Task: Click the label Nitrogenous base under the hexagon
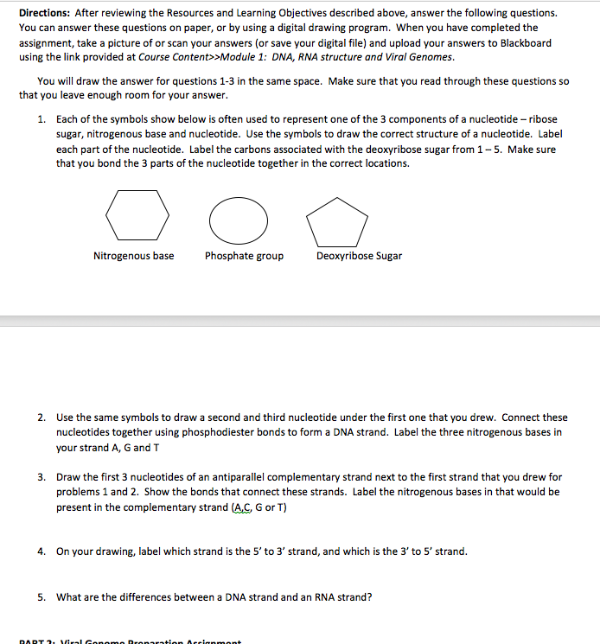pyautogui.click(x=133, y=256)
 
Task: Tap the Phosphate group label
pyautogui.click(x=244, y=256)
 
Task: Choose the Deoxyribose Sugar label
pyautogui.click(x=359, y=256)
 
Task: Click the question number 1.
pyautogui.click(x=41, y=119)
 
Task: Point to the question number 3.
pyautogui.click(x=41, y=477)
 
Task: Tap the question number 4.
pyautogui.click(x=41, y=551)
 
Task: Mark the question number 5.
pyautogui.click(x=41, y=596)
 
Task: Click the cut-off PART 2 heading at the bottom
pyautogui.click(x=130, y=641)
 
